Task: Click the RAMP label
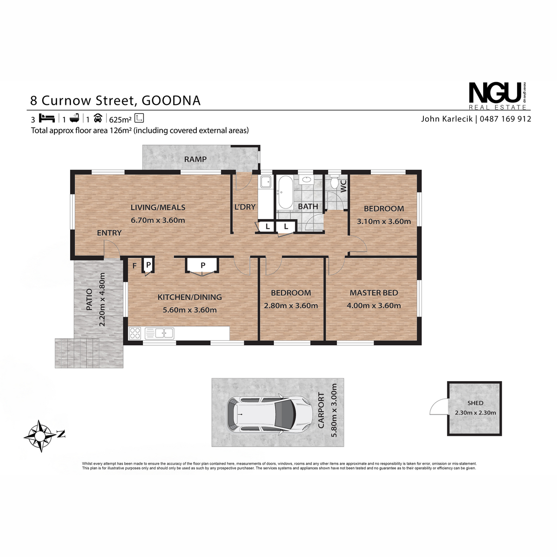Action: click(x=195, y=159)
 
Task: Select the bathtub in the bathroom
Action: click(x=285, y=192)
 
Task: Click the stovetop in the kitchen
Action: click(x=135, y=333)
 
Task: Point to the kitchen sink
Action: click(x=159, y=333)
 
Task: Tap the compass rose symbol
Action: click(x=41, y=435)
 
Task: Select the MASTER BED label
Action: click(x=374, y=293)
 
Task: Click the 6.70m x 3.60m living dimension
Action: click(x=158, y=220)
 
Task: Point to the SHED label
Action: click(x=475, y=403)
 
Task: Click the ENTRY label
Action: click(x=109, y=233)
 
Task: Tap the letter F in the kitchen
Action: click(x=135, y=266)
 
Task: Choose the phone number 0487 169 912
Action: click(x=505, y=119)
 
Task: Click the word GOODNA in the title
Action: click(x=171, y=101)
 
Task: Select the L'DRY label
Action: click(x=245, y=207)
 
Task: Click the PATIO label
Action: click(x=89, y=299)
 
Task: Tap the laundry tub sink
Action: click(x=266, y=182)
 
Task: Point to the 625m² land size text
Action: click(x=120, y=119)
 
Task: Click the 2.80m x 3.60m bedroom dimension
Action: click(x=291, y=305)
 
